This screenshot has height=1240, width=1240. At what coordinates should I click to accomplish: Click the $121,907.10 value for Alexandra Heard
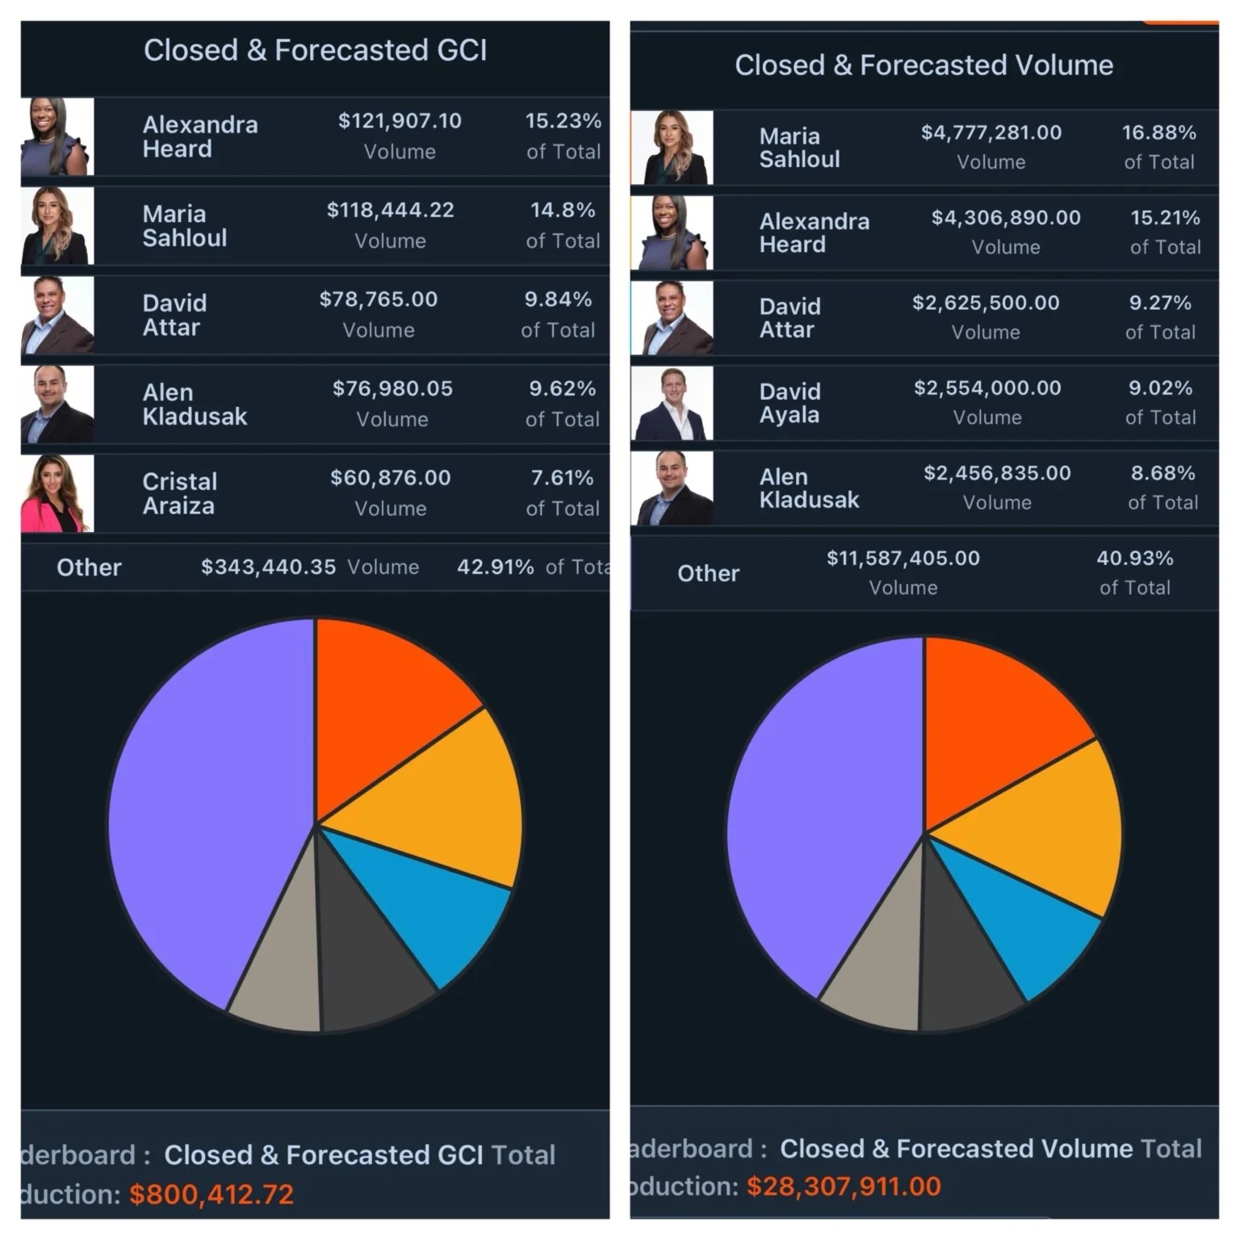(400, 121)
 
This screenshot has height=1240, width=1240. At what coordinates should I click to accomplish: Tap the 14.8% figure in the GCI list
(563, 211)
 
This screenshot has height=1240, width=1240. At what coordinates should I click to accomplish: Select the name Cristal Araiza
(179, 493)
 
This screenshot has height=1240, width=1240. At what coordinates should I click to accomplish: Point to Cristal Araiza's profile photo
(57, 493)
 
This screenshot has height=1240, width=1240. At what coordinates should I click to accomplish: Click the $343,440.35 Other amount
(268, 568)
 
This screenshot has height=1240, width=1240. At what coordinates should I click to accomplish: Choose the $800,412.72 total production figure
(212, 1194)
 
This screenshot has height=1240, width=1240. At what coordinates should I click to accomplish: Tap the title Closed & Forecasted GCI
(315, 50)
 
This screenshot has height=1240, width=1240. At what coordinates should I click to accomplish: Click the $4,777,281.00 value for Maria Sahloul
(991, 132)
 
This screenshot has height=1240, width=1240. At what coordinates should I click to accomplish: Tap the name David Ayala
(790, 403)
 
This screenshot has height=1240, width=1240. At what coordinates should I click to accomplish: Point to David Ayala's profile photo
(672, 403)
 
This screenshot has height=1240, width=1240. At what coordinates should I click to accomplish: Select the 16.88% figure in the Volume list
(1158, 132)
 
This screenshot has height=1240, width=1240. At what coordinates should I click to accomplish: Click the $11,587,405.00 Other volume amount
(903, 559)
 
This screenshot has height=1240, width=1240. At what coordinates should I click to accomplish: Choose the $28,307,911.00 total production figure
(844, 1186)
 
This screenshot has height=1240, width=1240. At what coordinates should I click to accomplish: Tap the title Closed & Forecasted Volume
(924, 65)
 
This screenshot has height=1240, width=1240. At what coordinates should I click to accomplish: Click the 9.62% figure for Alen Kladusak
(562, 389)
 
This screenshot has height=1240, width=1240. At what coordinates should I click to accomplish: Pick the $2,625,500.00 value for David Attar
(985, 303)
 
